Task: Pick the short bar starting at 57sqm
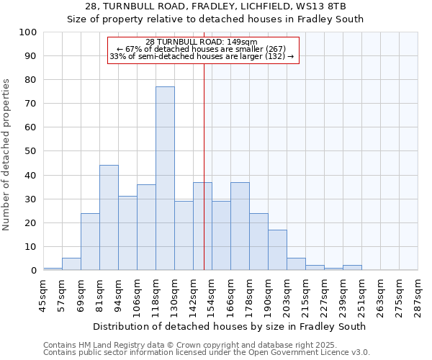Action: click(71, 264)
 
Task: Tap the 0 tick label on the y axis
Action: click(33, 271)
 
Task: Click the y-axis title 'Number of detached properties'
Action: click(7, 155)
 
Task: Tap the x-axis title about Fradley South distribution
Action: click(230, 326)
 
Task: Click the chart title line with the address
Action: click(215, 6)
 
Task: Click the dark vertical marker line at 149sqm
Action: click(204, 166)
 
